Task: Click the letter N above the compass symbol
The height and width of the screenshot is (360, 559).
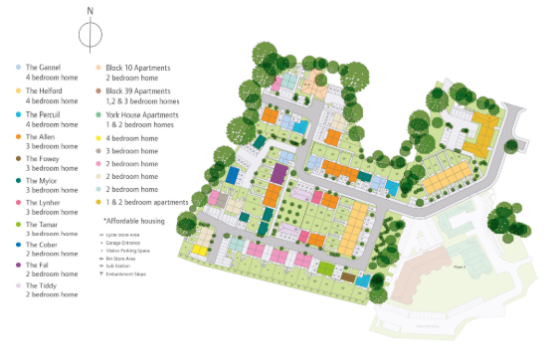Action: [x=91, y=11]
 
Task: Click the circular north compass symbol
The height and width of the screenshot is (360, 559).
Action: [x=91, y=36]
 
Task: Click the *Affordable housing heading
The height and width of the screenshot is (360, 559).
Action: [x=137, y=219]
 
